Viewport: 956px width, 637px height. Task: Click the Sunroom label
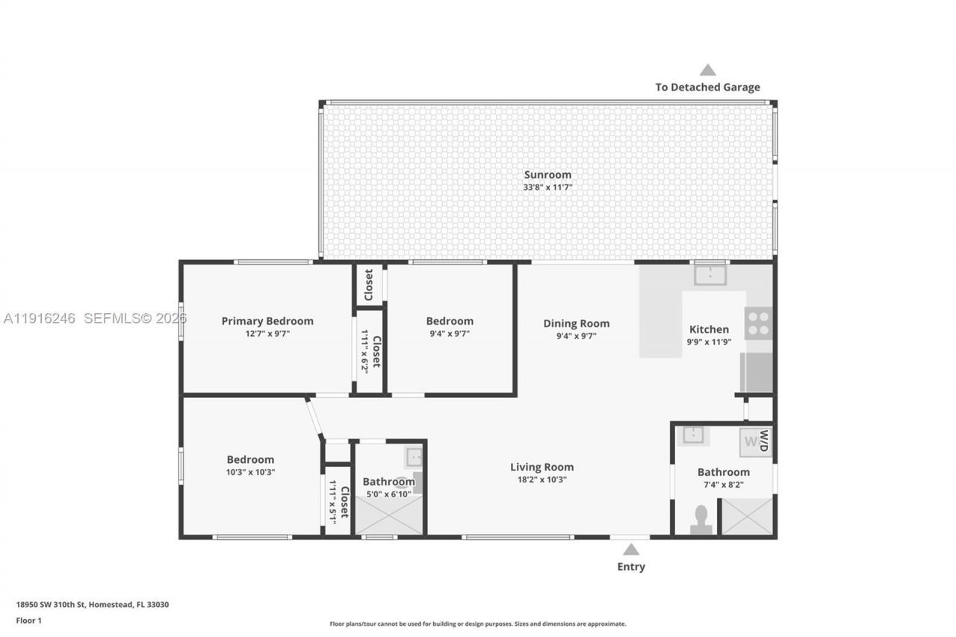pos(547,175)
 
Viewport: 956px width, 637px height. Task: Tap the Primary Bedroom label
pos(267,321)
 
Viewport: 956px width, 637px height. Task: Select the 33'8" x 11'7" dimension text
pos(547,187)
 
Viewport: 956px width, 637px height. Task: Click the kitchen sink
pos(709,276)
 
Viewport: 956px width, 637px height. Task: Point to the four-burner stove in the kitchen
pos(758,323)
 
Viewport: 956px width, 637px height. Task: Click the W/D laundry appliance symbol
pos(755,442)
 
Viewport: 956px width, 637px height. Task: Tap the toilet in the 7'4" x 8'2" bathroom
pos(701,520)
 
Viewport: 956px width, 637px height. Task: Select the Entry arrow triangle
pos(631,550)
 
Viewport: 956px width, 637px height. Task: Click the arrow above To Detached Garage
pos(707,70)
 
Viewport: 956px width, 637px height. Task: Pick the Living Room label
pos(542,467)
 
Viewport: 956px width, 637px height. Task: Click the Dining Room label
pos(576,323)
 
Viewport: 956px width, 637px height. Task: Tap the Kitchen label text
pos(709,329)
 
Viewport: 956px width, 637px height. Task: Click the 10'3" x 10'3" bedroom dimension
pos(251,472)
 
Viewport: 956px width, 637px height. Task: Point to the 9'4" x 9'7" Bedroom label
pos(450,321)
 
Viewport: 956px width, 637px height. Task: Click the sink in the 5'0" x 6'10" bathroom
pos(415,456)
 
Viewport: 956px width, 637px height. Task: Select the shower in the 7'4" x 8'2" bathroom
pos(747,516)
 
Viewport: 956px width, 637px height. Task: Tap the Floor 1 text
pos(30,621)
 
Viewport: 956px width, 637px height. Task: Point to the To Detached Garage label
pos(707,87)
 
